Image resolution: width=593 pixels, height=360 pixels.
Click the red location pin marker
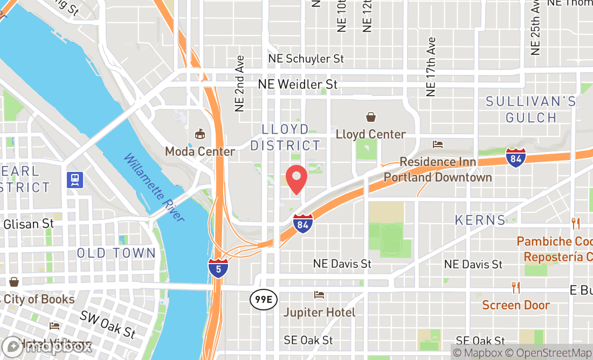coord(296,179)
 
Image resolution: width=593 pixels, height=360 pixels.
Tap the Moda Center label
coord(200,151)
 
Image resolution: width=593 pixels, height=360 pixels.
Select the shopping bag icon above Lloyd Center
coord(371,116)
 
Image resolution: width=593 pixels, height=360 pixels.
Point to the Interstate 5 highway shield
coord(218,268)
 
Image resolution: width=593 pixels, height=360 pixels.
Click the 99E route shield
coord(259,300)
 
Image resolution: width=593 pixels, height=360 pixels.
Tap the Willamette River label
coord(154,188)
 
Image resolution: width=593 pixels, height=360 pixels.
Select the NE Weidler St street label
coord(298,85)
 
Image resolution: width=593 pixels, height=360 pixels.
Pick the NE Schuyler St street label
coord(307,58)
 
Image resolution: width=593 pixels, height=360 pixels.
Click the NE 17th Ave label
coord(430,67)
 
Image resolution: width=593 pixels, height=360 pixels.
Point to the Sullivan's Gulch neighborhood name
coord(530,109)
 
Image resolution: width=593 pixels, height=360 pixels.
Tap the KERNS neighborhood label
coord(480,220)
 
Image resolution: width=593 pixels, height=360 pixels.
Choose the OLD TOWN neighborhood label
coord(116,253)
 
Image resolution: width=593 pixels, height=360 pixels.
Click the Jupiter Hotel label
coord(319,313)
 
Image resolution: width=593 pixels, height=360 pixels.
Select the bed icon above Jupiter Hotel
coord(319,295)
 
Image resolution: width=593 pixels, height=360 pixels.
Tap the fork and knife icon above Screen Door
coord(516,288)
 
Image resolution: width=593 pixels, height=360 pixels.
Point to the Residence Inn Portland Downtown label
coord(438,170)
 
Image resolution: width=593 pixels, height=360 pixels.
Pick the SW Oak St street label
coord(108,323)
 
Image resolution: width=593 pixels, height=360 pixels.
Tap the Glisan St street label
coord(29,223)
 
